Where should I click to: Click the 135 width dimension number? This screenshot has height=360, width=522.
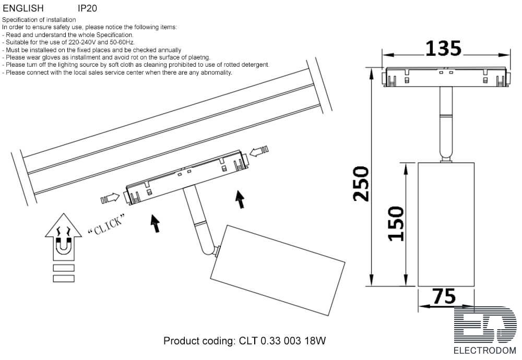443,49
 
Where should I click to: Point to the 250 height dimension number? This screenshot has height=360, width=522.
361,184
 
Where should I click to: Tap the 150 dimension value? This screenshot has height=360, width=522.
396,224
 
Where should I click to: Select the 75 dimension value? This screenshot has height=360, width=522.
444,296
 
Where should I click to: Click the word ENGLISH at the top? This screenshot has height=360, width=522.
23,8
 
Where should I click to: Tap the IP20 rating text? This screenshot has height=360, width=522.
87,8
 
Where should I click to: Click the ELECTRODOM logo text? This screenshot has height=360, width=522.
485,351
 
